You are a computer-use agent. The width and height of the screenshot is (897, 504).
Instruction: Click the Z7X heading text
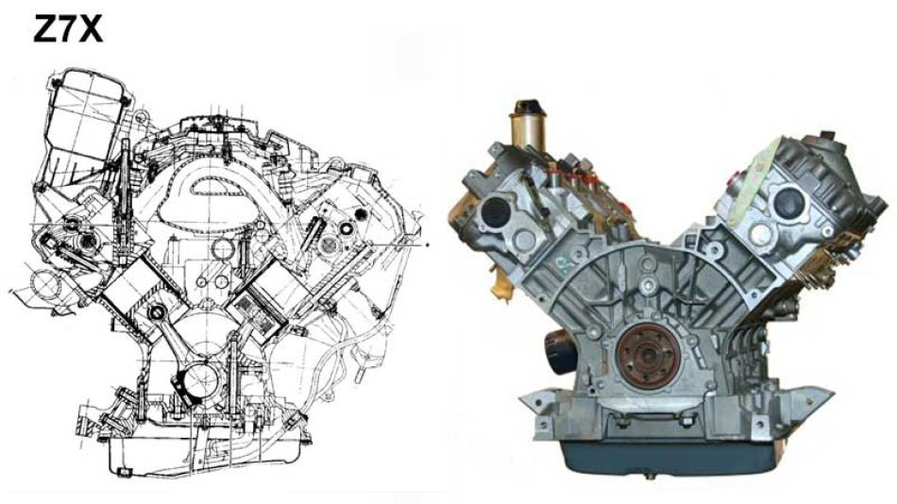pos(68,29)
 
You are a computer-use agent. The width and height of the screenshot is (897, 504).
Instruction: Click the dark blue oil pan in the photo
pos(671,457)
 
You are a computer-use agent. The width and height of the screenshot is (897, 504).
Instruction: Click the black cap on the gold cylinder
pos(529,107)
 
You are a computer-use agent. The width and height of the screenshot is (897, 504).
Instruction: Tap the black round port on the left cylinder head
pos(496,212)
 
